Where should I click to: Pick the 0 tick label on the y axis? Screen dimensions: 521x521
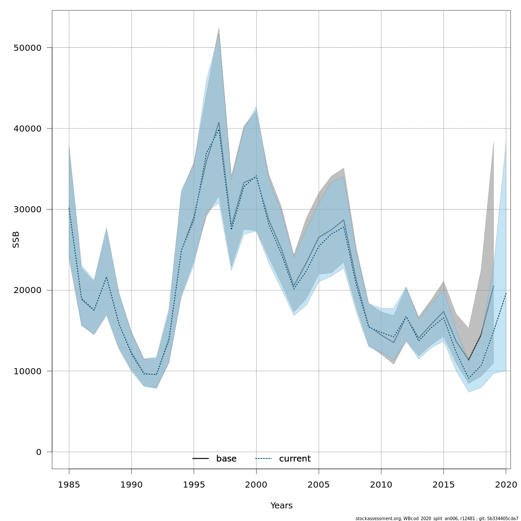point(39,452)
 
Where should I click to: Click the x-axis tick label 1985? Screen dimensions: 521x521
point(69,484)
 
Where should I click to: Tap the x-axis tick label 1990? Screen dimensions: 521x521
point(131,484)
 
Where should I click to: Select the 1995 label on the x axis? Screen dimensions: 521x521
point(194,484)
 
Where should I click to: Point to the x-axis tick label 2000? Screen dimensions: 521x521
point(256,484)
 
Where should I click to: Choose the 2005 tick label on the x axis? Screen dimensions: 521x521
point(319,484)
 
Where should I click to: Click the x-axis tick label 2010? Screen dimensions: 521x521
point(381,484)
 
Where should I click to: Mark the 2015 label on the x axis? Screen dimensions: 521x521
point(444,484)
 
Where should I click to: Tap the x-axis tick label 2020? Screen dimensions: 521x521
point(506,484)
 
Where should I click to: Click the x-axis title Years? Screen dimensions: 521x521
point(281,506)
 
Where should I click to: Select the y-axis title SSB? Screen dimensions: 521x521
point(16,240)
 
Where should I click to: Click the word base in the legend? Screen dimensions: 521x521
point(226,459)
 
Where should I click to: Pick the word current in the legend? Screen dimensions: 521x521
point(295,459)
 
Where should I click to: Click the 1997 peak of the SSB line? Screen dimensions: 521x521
point(219,123)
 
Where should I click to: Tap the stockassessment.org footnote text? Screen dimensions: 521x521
point(437,518)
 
